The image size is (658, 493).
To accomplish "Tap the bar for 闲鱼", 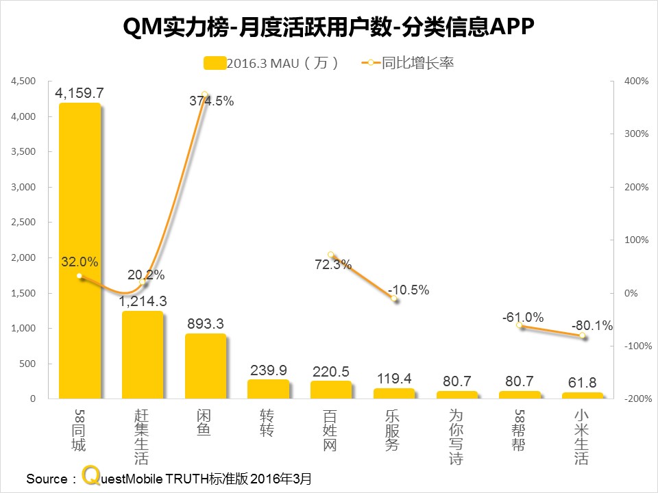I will [206, 366].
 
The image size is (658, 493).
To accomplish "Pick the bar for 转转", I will [269, 389].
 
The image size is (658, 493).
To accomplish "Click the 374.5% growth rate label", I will [211, 101].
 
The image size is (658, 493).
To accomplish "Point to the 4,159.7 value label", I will [80, 93].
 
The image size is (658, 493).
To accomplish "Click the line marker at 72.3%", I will [331, 255].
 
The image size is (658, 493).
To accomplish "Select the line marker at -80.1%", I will [583, 336].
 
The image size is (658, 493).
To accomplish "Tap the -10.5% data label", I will [408, 290].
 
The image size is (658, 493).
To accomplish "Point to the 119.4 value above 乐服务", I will [394, 377].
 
